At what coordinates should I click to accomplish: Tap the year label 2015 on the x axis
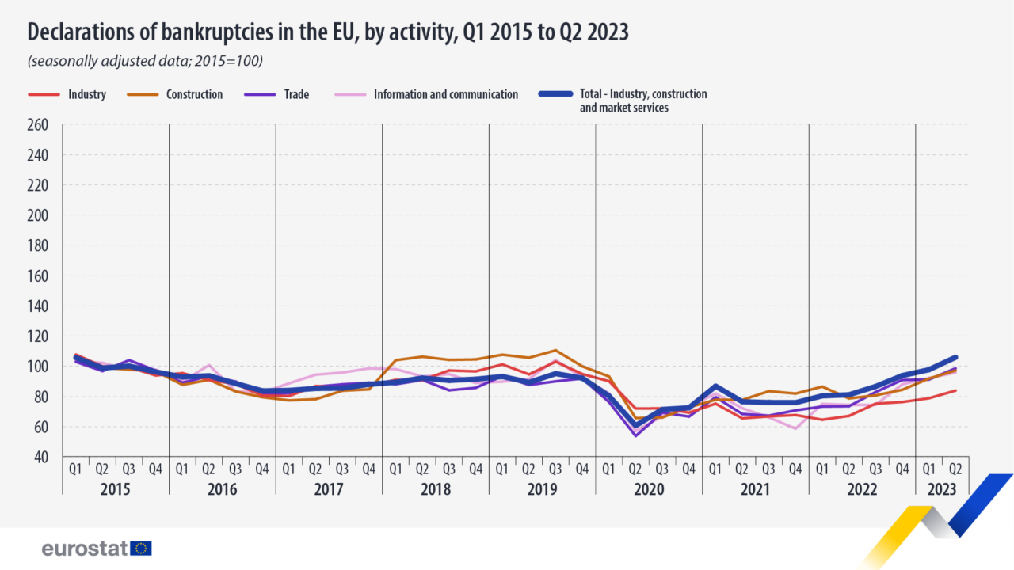pos(116,490)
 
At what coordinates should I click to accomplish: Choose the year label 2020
pos(649,490)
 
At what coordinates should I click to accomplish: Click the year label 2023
pos(942,490)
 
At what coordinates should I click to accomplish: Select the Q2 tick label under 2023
pos(955,469)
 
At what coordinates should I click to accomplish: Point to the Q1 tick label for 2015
pos(76,469)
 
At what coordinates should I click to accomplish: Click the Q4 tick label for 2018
pos(475,469)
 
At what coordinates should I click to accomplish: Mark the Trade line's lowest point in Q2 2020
pos(635,435)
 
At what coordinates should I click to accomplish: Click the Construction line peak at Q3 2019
pos(555,350)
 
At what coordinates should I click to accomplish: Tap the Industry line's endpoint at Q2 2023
pos(955,390)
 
